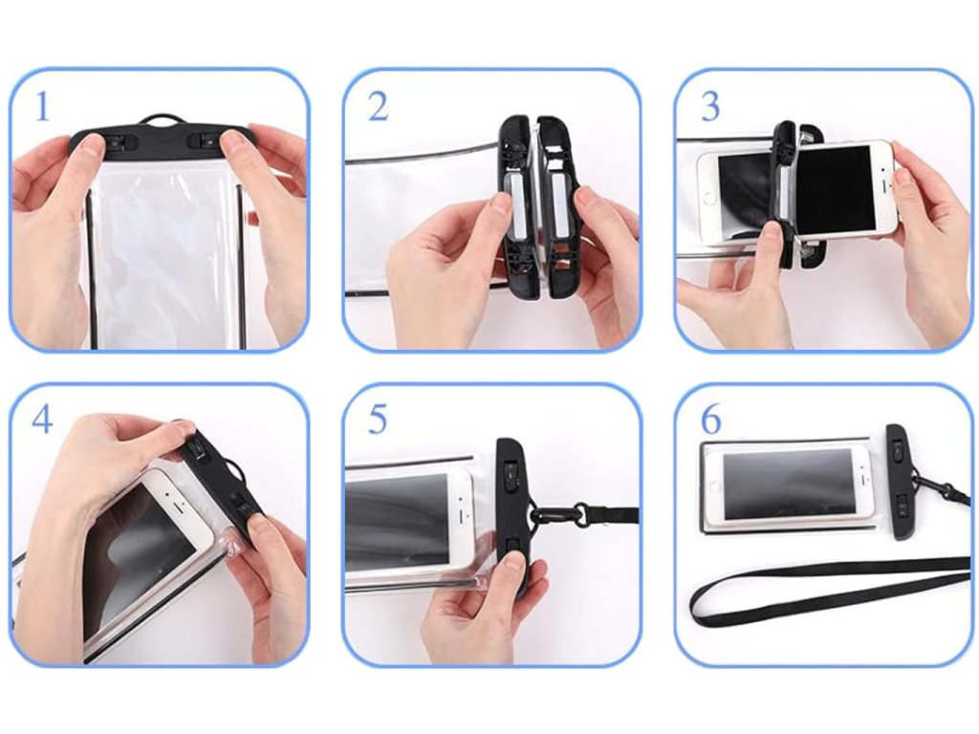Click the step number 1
click(42, 107)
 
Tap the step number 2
click(379, 107)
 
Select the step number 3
click(710, 107)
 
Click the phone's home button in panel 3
click(708, 198)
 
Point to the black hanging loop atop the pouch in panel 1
click(156, 119)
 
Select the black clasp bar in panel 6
click(901, 483)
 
